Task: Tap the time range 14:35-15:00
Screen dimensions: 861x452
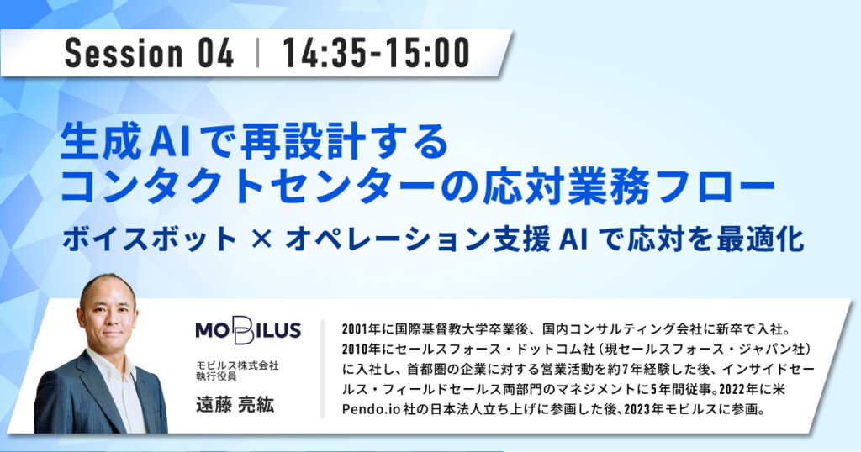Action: pos(376,53)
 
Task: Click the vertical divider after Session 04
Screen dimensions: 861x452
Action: pos(257,53)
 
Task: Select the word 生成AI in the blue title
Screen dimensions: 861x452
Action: pos(126,142)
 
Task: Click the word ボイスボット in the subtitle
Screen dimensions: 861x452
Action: pos(150,239)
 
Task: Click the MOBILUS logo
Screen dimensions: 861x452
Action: pos(248,329)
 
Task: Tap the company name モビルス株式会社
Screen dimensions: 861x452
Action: pos(237,365)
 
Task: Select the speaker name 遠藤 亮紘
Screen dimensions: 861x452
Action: pos(235,405)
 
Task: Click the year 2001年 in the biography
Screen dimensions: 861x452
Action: pos(362,329)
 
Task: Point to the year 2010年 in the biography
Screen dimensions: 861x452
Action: pos(362,350)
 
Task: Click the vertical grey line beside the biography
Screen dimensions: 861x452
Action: pos(323,369)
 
